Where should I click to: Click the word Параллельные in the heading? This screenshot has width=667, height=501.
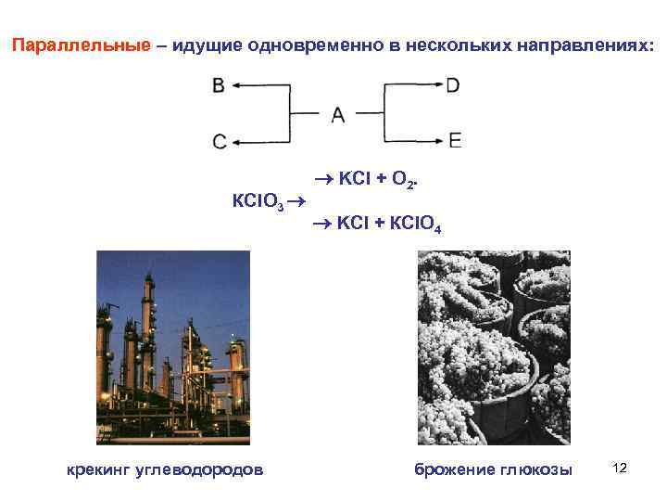pos(81,45)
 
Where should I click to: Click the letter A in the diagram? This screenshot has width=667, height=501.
pos(337,114)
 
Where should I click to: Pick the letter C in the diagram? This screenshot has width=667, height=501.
pos(219,142)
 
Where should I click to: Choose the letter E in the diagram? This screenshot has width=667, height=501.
pos(454,141)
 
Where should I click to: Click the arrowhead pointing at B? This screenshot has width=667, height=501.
pos(236,86)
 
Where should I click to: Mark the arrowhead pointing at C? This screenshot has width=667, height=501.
pos(236,142)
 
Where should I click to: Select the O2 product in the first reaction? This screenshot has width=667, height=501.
pos(404,179)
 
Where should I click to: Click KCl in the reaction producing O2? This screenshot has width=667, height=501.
pos(356,178)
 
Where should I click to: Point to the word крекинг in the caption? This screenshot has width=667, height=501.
pos(99,469)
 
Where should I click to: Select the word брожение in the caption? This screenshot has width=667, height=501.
pos(452,469)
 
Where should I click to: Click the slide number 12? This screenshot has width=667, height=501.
pos(620,468)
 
